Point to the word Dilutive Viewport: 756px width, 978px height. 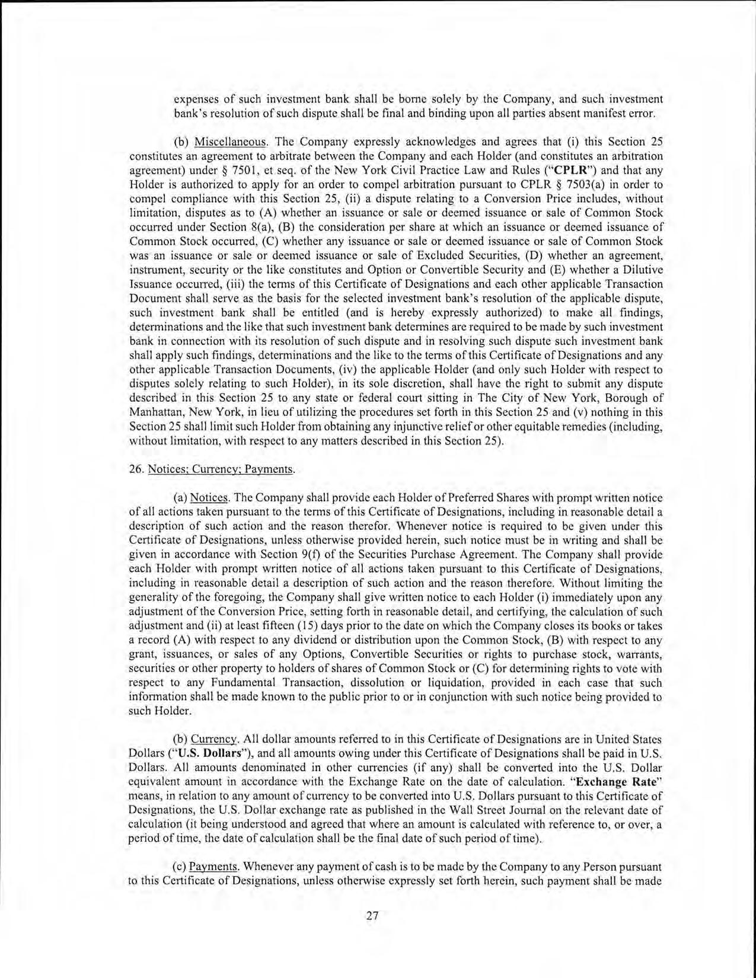[x=640, y=270]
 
